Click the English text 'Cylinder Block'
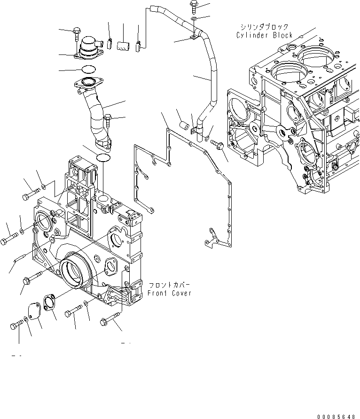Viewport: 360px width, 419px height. tap(265, 35)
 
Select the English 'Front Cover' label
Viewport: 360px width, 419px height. tap(170, 293)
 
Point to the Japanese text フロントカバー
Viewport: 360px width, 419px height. tap(170, 285)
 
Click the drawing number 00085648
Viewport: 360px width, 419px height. tap(337, 416)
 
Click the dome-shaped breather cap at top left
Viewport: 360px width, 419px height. tap(88, 48)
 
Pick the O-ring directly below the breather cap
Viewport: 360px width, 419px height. tap(88, 70)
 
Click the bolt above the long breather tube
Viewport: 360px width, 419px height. tap(194, 6)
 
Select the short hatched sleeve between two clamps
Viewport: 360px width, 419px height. tap(123, 46)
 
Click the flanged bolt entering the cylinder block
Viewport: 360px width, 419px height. tap(217, 143)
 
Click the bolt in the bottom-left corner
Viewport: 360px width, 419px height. tap(16, 325)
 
